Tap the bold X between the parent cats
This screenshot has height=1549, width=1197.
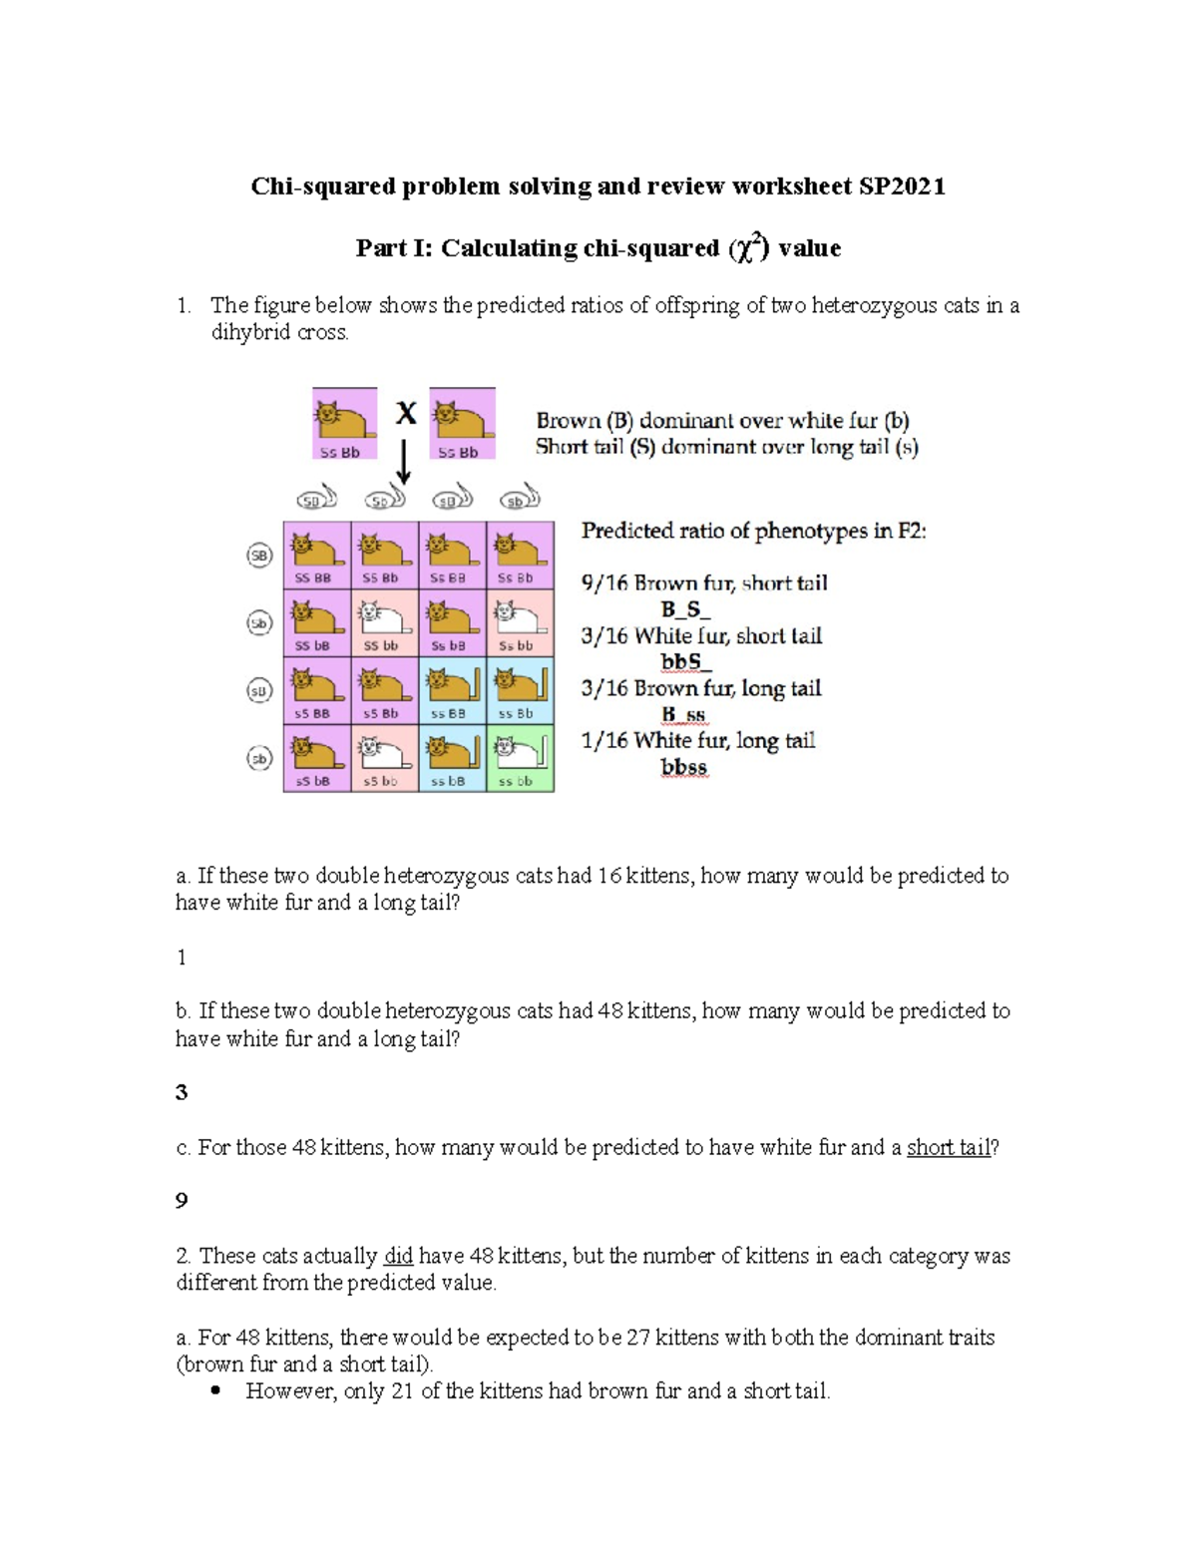click(x=405, y=413)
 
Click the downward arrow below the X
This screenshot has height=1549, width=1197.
click(x=404, y=463)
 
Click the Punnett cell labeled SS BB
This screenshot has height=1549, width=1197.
click(x=316, y=554)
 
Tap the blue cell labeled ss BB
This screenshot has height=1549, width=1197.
click(x=452, y=689)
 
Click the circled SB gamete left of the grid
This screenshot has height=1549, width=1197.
click(x=259, y=556)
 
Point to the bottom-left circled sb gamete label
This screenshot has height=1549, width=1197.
click(x=259, y=759)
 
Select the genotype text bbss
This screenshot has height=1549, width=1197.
click(x=683, y=768)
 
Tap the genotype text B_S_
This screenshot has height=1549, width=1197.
click(x=684, y=608)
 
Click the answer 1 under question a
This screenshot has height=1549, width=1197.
click(x=182, y=958)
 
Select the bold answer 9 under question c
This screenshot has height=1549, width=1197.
click(x=182, y=1200)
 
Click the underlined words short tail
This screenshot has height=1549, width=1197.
click(x=948, y=1147)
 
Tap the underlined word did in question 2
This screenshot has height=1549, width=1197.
click(x=398, y=1256)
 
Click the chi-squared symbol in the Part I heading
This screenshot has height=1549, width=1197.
click(x=747, y=247)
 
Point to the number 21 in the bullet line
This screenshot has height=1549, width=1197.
click(x=402, y=1390)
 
